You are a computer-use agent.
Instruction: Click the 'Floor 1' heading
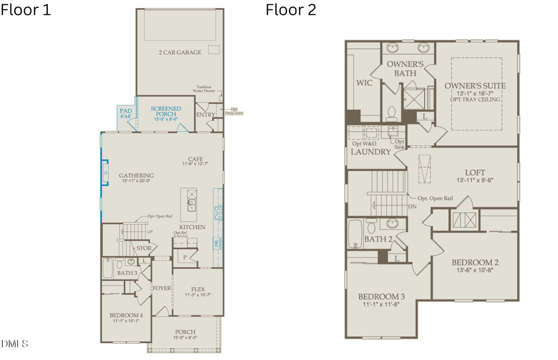[26, 10]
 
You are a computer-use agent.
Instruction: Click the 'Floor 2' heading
[290, 10]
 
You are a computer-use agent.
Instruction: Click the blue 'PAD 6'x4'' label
[126, 112]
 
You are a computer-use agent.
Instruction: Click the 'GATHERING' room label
[136, 175]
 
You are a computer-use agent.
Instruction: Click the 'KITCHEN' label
[192, 227]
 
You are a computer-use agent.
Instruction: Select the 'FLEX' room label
[198, 289]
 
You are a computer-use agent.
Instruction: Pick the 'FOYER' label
[162, 289]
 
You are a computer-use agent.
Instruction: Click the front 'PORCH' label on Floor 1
[185, 332]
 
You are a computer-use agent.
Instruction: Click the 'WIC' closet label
[364, 82]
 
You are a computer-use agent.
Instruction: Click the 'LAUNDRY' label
[371, 152]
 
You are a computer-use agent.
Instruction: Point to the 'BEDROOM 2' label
[476, 262]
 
